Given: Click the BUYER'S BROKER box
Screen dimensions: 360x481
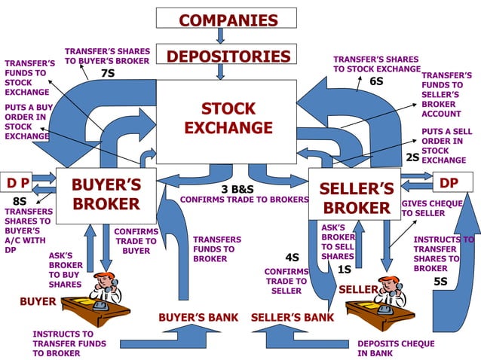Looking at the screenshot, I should point(105,195).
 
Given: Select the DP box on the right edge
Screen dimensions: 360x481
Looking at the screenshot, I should point(449,182).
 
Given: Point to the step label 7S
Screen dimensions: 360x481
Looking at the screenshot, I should point(108,73).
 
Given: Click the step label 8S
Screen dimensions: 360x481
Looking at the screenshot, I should point(20,201).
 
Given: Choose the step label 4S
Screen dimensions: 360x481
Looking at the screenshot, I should point(293,257).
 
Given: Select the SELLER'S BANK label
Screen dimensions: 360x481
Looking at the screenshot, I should point(292,317).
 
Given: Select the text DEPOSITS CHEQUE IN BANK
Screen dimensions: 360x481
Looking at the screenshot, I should point(396,348).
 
